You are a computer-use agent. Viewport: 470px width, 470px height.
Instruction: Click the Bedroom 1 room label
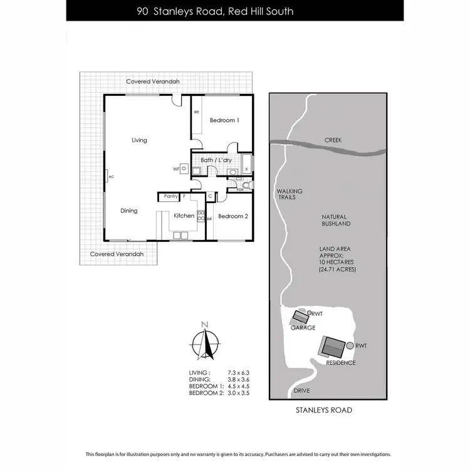point(224,120)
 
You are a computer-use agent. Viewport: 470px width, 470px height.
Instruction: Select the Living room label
point(139,140)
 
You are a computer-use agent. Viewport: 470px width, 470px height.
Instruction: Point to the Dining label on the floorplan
point(129,211)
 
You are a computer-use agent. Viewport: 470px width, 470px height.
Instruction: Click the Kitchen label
point(184,216)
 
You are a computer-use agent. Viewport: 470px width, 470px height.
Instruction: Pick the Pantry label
point(170,197)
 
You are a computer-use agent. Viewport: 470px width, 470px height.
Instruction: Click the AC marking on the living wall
point(111,177)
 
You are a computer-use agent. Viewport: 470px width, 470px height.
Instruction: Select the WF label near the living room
point(176,169)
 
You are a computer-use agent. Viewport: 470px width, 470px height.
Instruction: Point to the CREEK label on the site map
point(333,140)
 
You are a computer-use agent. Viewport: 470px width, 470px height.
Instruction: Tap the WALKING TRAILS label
point(290,194)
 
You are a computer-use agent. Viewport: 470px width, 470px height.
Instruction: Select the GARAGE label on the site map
point(302,328)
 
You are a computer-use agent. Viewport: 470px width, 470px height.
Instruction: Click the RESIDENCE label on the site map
point(341,363)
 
